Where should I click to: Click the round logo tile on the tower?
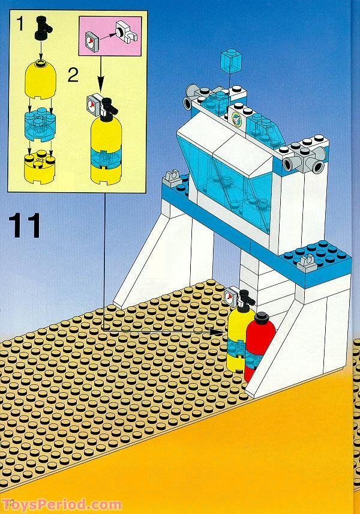click(238, 119)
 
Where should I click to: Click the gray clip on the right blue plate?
click(307, 262)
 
